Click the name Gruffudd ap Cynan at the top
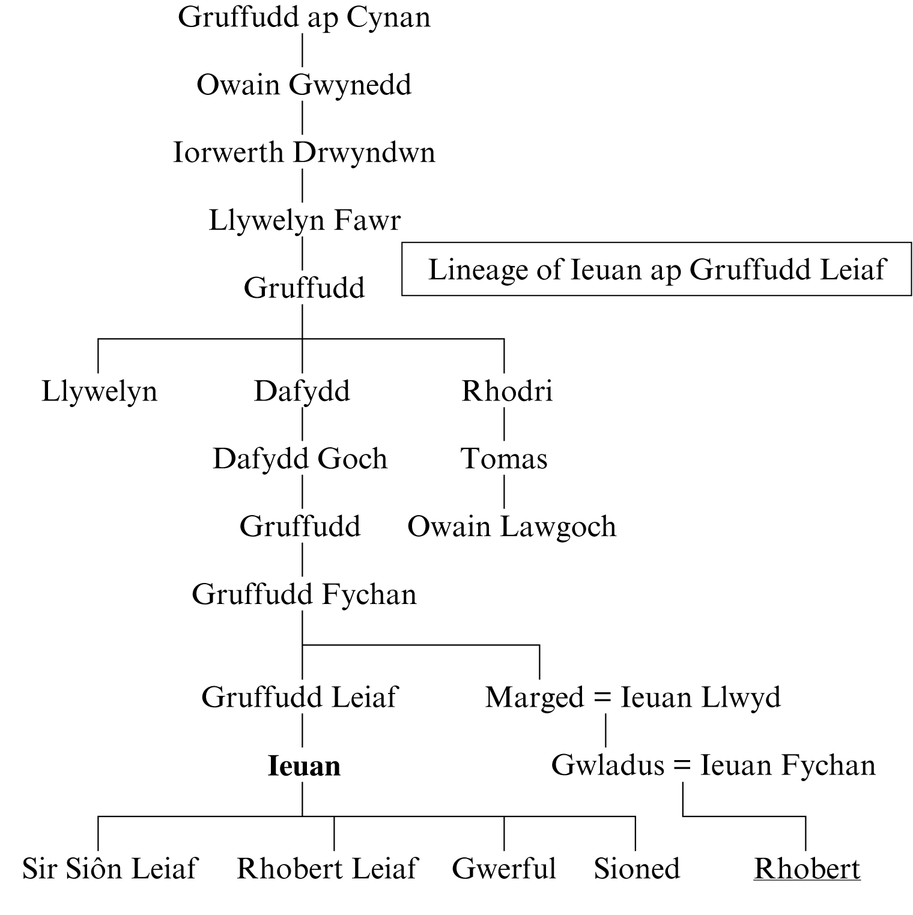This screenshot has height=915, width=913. click(x=304, y=17)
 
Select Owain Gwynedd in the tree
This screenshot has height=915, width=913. click(x=304, y=85)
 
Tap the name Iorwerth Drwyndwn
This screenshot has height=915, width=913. click(x=304, y=152)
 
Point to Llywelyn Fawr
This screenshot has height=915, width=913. click(x=304, y=220)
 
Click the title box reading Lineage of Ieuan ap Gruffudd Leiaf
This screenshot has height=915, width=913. click(x=656, y=270)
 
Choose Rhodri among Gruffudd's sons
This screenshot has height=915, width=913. click(x=507, y=391)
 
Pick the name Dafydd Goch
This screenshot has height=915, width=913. click(x=300, y=459)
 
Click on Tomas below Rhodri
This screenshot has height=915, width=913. click(x=504, y=459)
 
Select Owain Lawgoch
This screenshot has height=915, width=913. click(x=512, y=527)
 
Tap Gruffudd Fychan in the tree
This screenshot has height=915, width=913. click(x=304, y=594)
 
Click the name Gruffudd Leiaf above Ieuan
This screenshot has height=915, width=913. click(x=300, y=698)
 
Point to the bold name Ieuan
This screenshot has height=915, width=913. click(x=304, y=766)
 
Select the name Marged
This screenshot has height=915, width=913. click(x=534, y=698)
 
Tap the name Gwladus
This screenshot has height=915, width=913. click(x=608, y=766)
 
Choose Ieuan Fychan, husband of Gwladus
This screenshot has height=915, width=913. click(x=788, y=766)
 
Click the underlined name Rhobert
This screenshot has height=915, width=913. click(x=807, y=869)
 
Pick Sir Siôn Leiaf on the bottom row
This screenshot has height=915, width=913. click(x=110, y=869)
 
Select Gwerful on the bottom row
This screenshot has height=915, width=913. click(x=504, y=869)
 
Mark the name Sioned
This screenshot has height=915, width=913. click(x=637, y=869)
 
